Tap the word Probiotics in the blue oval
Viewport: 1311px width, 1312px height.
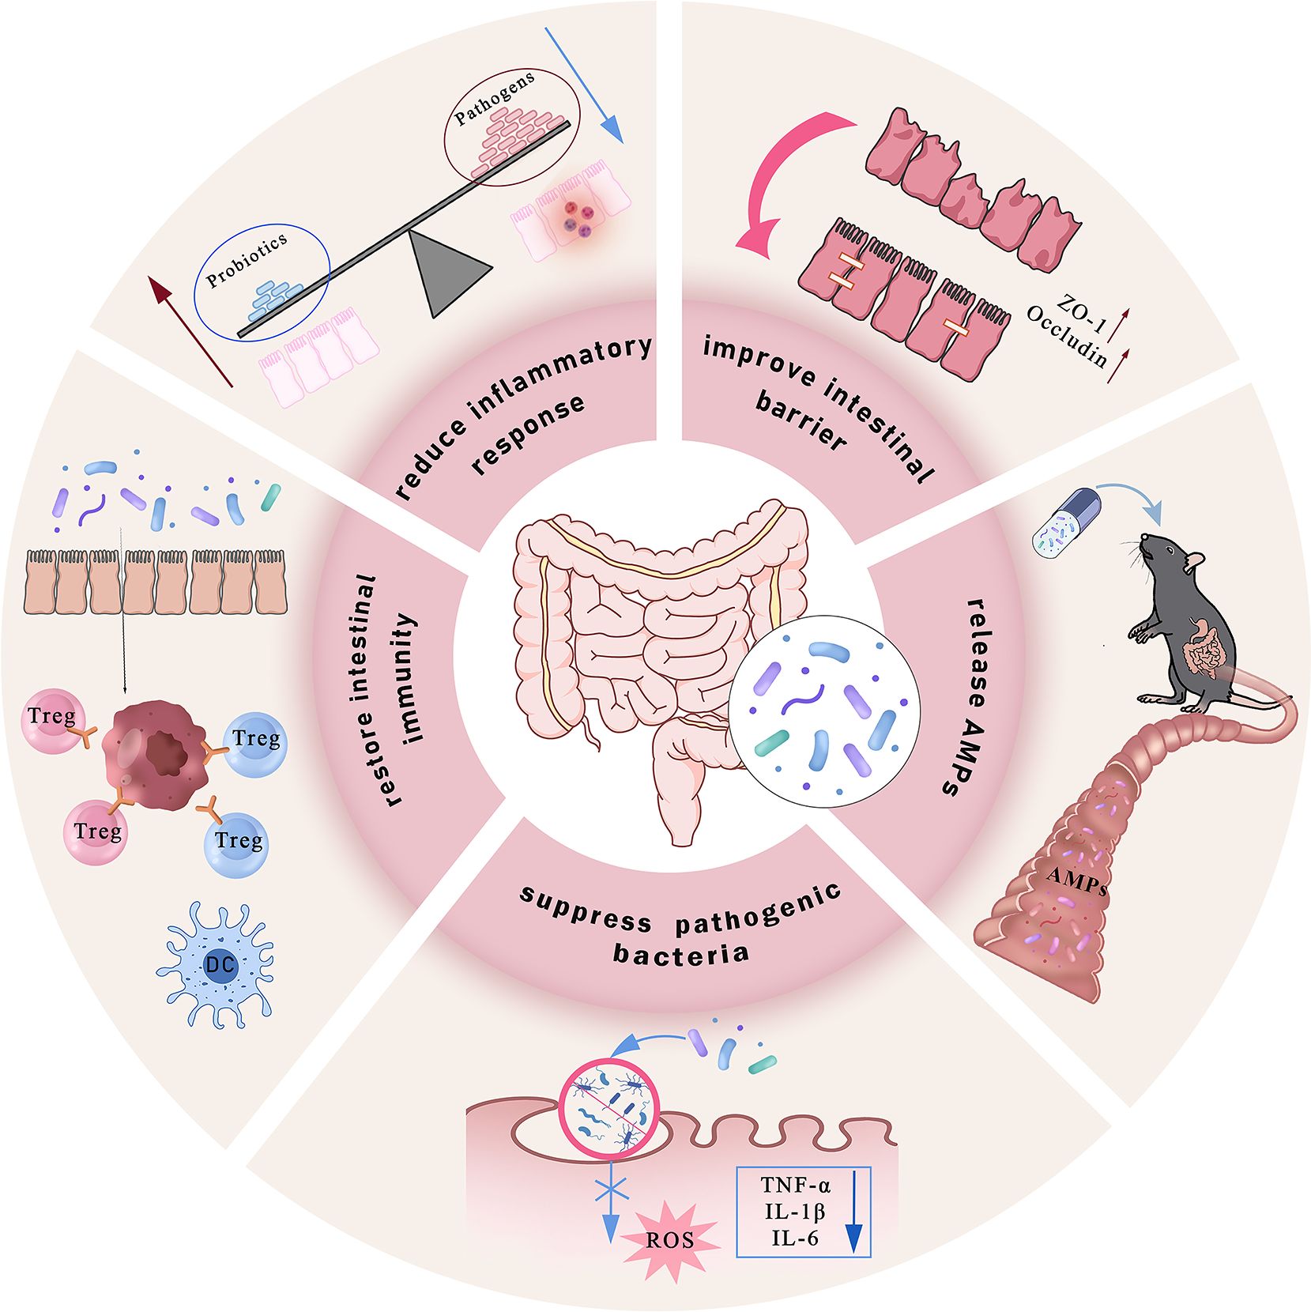pos(246,260)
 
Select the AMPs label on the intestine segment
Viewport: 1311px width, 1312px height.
pos(1076,879)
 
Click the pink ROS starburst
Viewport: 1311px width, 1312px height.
pos(670,1239)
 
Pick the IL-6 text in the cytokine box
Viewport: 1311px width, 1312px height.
pos(794,1238)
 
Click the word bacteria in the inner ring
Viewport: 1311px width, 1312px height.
pos(680,952)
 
